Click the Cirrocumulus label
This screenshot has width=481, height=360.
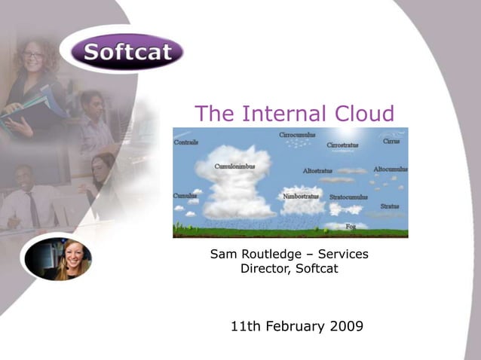(x=298, y=135)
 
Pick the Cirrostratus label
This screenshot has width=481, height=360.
(x=342, y=145)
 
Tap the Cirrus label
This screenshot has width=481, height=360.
(x=391, y=141)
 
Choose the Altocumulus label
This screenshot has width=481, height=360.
(x=391, y=169)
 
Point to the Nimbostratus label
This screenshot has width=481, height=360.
(x=301, y=196)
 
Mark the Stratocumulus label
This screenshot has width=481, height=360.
(x=348, y=197)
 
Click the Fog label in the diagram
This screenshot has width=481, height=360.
(x=351, y=225)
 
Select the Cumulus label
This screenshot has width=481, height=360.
(x=185, y=196)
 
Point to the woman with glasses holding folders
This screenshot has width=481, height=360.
(x=34, y=75)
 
